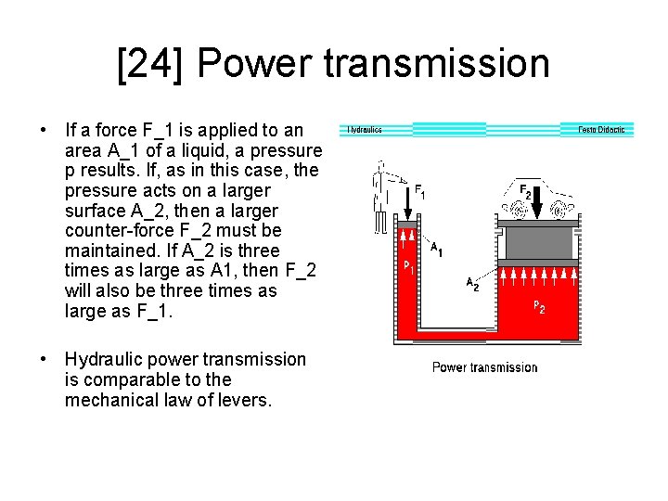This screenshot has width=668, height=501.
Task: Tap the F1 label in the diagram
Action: (x=420, y=192)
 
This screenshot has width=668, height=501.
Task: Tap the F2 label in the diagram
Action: (x=525, y=192)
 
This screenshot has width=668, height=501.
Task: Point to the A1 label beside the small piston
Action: (x=436, y=249)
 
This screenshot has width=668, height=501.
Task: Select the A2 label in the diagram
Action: (x=471, y=284)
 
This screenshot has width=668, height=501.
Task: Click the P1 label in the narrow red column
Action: (x=407, y=267)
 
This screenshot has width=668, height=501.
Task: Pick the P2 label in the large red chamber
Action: (x=538, y=307)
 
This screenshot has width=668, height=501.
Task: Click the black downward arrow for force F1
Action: (x=405, y=195)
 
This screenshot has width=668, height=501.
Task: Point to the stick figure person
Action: (x=380, y=195)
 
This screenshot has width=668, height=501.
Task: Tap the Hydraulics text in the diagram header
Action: (x=365, y=130)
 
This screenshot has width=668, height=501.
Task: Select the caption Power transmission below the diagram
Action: (x=484, y=367)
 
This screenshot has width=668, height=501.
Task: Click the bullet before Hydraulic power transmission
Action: (x=44, y=359)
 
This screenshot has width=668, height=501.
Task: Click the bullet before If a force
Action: (x=44, y=127)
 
